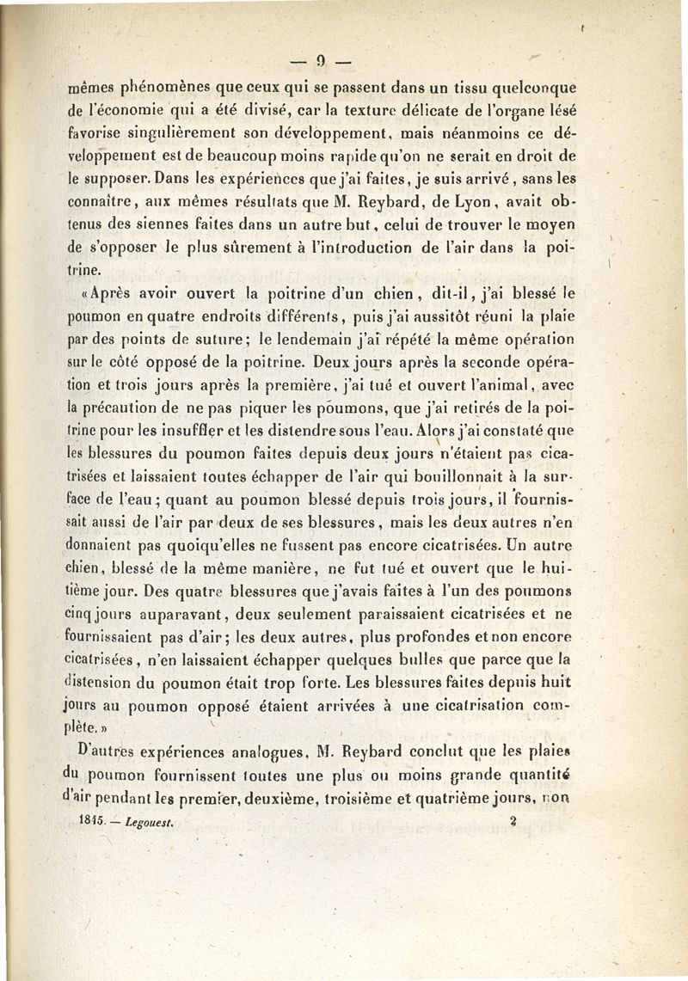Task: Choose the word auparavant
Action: pos(185,614)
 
